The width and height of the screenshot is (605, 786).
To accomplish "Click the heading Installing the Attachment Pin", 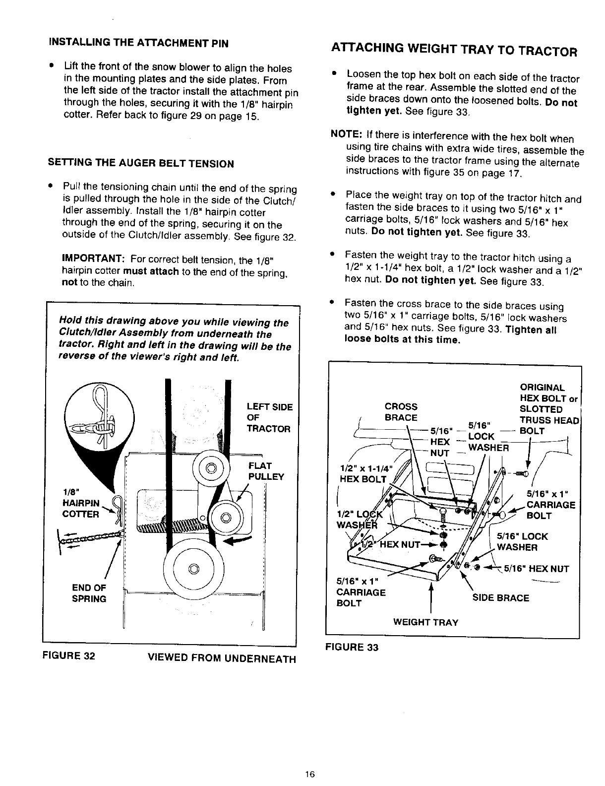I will (138, 43).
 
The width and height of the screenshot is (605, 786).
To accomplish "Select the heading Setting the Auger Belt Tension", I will (141, 163).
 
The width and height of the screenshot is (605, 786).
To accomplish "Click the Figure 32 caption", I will (69, 655).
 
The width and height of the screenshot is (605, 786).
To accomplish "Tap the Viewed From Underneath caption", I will (221, 659).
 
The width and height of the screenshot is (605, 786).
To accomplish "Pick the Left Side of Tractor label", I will (269, 418).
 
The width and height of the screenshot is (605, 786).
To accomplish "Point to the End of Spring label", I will (89, 593).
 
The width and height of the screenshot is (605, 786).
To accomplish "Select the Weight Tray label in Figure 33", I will (425, 622).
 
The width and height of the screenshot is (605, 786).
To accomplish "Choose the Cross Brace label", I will (401, 411).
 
